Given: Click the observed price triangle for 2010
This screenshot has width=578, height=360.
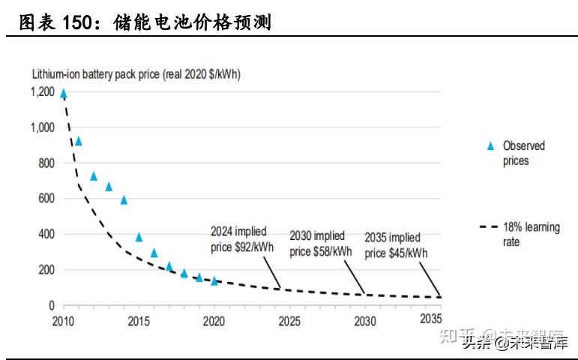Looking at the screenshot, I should tap(64, 94).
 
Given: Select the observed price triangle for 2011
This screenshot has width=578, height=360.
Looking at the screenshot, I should tap(79, 141).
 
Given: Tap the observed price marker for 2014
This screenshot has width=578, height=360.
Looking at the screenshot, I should tap(124, 200).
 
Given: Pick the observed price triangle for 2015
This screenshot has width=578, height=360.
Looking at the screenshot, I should tap(139, 237).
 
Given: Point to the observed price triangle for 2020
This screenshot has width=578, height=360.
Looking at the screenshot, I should tap(214, 281).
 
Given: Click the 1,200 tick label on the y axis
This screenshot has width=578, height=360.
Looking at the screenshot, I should tap(42, 92).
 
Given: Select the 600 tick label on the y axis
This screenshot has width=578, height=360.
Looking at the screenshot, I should tap(46, 199).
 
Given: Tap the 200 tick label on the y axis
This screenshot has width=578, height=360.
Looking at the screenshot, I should tap(46, 270).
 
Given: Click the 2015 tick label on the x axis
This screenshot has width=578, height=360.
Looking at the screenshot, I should tap(139, 321).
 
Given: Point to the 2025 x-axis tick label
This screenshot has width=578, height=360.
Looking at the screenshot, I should tap(289, 321).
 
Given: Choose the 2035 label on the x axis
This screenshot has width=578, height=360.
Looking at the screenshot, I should tap(430, 321).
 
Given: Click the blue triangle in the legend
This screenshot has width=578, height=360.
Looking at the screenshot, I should tap(490, 145).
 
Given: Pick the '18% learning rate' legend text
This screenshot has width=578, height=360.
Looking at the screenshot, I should tap(531, 235).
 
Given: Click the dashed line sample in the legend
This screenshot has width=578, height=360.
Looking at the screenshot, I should tap(488, 227).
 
